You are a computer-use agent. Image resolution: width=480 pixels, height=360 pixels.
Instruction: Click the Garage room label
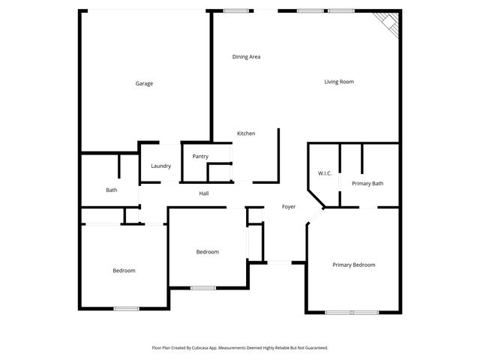tap(144, 83)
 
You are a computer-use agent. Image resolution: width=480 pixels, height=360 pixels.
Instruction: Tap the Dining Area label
tap(246, 56)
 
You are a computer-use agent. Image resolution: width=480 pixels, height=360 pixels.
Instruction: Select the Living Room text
tap(339, 82)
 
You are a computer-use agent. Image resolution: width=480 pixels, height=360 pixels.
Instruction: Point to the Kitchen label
tap(246, 133)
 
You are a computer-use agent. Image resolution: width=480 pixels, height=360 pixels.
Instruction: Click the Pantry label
tap(200, 156)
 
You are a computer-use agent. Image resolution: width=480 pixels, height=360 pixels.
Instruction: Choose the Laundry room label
tap(160, 166)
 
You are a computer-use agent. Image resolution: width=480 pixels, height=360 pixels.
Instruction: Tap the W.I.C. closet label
tap(325, 173)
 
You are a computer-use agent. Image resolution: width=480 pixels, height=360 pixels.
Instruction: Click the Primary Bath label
tap(367, 183)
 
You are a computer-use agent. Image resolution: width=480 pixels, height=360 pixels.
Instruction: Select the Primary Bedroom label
tap(354, 265)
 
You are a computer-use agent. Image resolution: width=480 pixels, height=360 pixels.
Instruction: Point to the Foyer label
tap(289, 206)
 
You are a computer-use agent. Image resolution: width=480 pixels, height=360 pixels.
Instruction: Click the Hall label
tap(203, 193)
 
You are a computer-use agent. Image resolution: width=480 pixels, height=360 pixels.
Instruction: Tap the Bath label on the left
tap(111, 190)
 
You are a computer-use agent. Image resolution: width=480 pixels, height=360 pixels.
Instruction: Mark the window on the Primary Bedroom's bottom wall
tap(352, 312)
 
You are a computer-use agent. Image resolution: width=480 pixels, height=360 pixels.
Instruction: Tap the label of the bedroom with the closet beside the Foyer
tap(207, 252)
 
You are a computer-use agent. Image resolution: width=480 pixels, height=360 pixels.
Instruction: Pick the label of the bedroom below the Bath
tap(124, 270)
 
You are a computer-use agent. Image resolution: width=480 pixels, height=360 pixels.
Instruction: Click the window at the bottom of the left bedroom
tap(126, 308)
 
